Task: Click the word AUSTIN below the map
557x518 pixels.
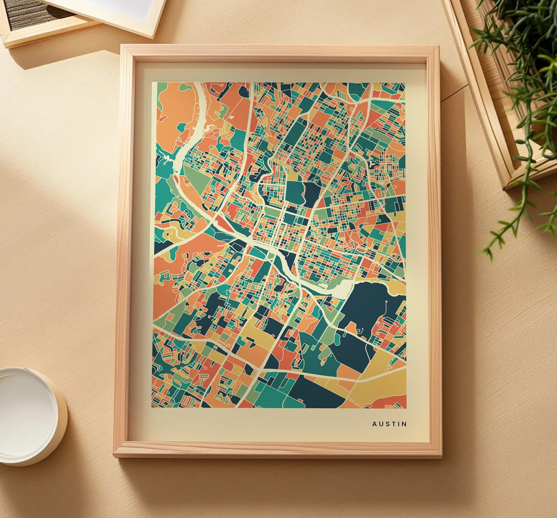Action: [389, 424]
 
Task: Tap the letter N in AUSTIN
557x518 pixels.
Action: [404, 424]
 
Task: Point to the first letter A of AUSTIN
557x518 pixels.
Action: [374, 424]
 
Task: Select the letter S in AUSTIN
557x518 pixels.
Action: [386, 424]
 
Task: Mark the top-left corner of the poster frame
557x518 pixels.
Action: [122, 46]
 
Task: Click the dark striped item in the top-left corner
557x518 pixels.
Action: [35, 13]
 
